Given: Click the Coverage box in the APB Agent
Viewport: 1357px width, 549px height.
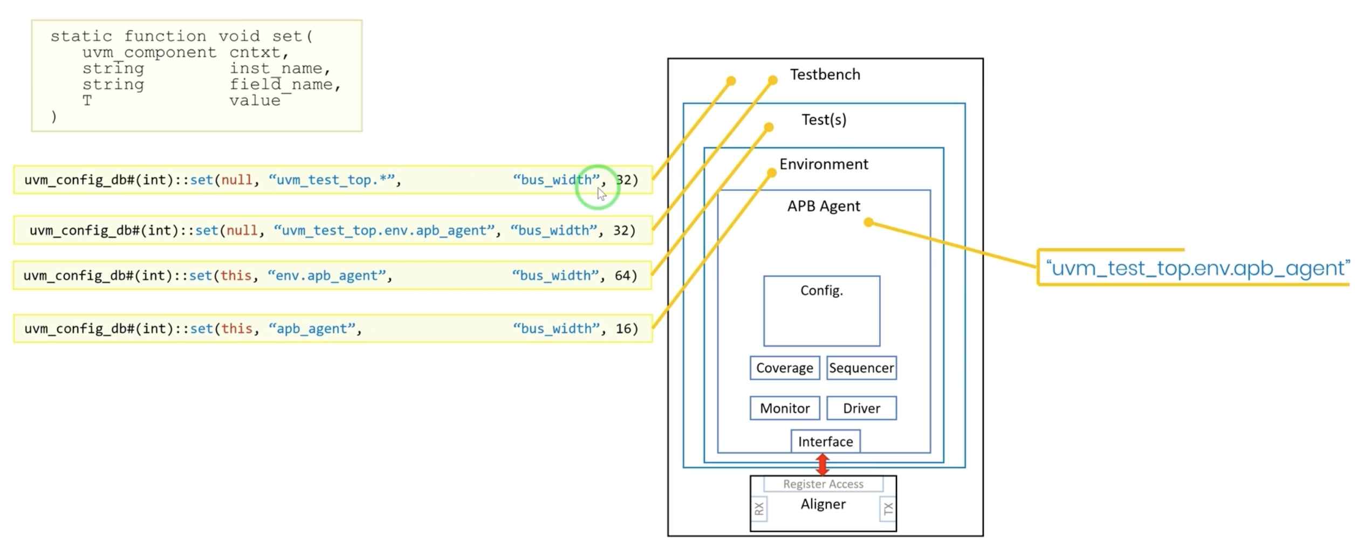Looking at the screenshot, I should (784, 368).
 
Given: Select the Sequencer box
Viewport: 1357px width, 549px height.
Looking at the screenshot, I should (861, 368).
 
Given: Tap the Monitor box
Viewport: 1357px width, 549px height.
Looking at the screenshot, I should (784, 408).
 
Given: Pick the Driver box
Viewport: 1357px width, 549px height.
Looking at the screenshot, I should (861, 408).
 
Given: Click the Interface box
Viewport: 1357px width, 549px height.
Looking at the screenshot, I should (825, 442).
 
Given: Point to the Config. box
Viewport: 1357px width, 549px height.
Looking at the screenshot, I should (821, 311).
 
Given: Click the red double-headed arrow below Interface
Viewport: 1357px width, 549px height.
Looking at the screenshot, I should (823, 464).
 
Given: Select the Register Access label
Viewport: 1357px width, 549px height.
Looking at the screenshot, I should (823, 484).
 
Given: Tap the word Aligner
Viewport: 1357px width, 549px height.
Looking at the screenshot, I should (823, 504).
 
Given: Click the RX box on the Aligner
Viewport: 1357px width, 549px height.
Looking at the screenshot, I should (759, 509).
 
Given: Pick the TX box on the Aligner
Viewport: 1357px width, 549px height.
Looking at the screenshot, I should (888, 509).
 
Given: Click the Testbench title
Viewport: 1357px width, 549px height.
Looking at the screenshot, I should (825, 74).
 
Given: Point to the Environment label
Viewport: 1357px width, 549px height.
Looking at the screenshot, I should (824, 164).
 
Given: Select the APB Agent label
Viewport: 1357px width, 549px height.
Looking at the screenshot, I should (824, 206).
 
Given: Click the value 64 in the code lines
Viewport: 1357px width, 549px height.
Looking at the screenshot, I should (622, 276).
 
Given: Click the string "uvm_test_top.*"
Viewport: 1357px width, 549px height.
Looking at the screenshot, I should (331, 180).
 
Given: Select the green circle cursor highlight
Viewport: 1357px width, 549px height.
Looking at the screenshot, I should (597, 187).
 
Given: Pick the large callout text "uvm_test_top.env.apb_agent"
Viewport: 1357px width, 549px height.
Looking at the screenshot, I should (1197, 268).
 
